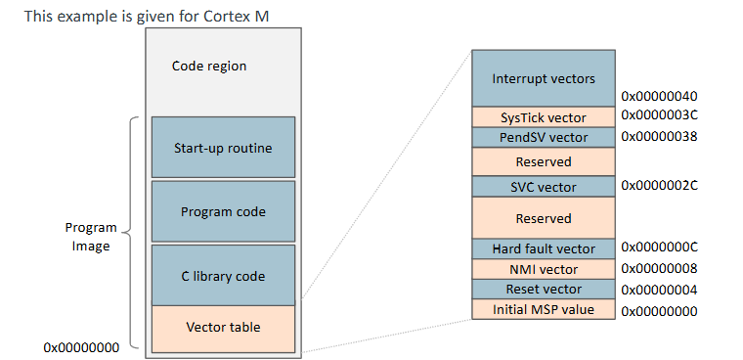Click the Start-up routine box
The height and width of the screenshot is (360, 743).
coord(223,149)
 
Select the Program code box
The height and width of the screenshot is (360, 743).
coord(223,211)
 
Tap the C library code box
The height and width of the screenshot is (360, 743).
coord(223,276)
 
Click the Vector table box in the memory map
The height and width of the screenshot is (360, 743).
coord(223,327)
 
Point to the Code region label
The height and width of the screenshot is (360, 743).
coord(209,67)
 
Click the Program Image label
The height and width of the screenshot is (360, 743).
coord(91,237)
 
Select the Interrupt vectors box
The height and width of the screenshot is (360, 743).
coord(543,78)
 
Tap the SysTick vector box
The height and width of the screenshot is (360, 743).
coord(543,117)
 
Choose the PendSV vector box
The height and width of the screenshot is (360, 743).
coord(543,138)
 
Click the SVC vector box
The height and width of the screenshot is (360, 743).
coord(543,187)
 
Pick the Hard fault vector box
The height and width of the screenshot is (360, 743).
coord(543,249)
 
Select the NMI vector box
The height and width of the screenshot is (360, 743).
coord(543,269)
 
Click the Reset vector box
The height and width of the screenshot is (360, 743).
coord(543,290)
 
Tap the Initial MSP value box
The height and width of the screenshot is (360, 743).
coord(543,310)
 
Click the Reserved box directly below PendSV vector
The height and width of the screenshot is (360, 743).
coord(543,161)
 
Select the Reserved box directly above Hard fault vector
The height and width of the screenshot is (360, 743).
coord(543,218)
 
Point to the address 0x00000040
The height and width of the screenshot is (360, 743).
coord(659,97)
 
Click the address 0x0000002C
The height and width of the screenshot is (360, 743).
coord(659,184)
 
